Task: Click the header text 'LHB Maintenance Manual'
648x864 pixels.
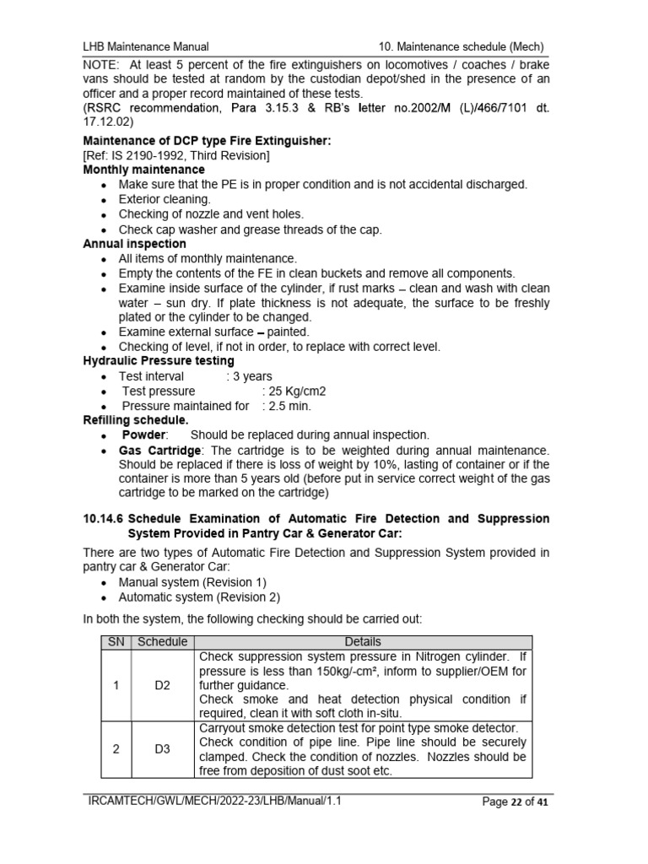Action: (145, 46)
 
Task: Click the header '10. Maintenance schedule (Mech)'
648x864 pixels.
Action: (460, 46)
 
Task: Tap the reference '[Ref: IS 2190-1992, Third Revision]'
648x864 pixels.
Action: (176, 155)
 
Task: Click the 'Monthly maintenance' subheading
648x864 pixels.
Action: (143, 170)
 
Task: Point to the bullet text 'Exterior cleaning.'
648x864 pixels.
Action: (165, 199)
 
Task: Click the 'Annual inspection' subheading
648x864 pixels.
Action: (134, 244)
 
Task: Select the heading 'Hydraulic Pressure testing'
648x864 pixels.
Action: (158, 361)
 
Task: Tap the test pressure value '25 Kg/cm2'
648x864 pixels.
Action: (294, 391)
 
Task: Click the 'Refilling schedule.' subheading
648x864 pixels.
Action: (136, 420)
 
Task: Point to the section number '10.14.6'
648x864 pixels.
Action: (104, 518)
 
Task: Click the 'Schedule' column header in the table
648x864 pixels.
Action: (162, 642)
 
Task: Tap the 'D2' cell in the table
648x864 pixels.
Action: (162, 685)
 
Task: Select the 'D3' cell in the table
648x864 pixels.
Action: (162, 749)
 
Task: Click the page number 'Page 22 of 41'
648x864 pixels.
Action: (515, 802)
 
